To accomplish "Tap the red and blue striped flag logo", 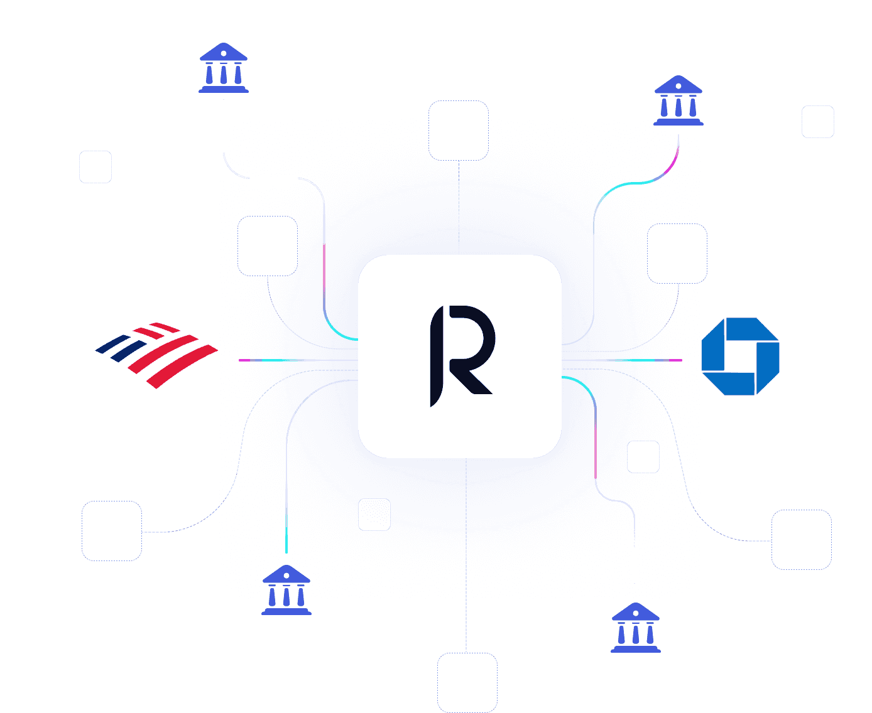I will point(158,354).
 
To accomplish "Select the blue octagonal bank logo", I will point(740,356).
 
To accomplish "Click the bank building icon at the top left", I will point(223,68).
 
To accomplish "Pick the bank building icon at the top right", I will point(678,100).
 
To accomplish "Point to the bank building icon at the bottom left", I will point(286,590).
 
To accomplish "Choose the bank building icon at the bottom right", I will point(635,628).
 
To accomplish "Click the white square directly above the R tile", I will point(459,131).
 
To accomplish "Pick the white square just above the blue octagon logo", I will point(677,254).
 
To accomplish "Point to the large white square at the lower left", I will point(112,531).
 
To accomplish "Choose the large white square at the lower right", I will point(801,540).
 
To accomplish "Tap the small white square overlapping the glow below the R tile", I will point(374,515).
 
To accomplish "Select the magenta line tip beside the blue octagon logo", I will point(675,360).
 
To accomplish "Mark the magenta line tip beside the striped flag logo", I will point(244,360).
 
